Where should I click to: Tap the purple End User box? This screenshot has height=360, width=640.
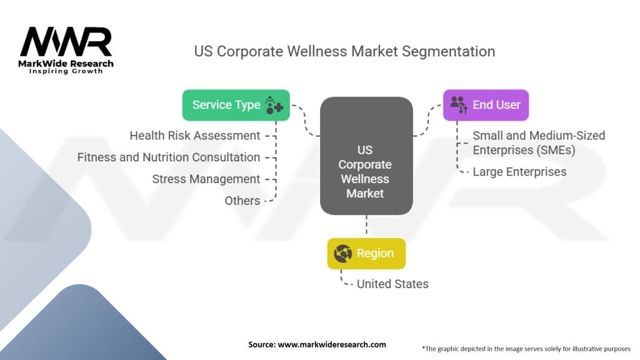pos(486,105)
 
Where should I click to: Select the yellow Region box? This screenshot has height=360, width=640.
pos(366,254)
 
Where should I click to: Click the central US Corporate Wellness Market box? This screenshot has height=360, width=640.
pos(366,157)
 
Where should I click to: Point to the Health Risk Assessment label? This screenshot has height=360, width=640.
pos(195,136)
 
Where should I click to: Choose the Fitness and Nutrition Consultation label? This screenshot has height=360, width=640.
pos(169,157)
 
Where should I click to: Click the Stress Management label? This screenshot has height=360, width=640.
pos(206,179)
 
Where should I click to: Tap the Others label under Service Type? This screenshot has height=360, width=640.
pos(242,201)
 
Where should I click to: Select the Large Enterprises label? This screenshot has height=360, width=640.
pos(519,171)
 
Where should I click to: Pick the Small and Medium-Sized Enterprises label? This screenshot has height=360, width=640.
pos(538,142)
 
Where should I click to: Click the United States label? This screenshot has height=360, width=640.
pos(392,284)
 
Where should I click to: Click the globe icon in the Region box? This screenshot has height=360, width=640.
pos(343,254)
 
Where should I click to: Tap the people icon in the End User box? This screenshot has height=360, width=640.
pos(459,105)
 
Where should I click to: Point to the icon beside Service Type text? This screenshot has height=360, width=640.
pos(274,105)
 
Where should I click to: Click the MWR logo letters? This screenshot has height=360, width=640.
pos(66,42)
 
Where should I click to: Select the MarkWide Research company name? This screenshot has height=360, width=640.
pos(66,64)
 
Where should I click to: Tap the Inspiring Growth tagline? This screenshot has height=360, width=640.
pos(66,71)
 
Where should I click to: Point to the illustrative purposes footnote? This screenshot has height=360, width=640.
pos(527,348)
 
